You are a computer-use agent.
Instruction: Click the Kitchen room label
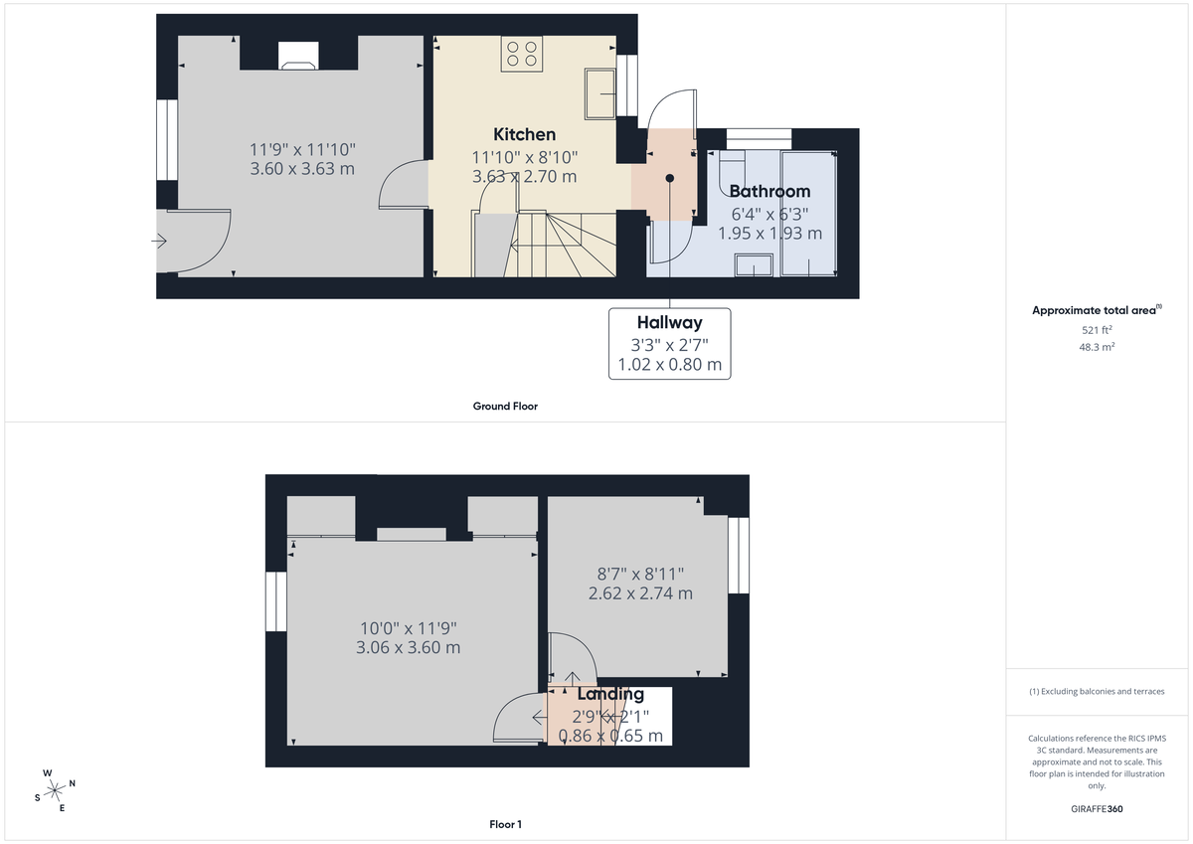coord(524,134)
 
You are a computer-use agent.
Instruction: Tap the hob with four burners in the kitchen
coord(522,54)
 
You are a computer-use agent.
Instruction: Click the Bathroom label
coord(769,191)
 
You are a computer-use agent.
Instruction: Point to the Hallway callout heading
coord(669,322)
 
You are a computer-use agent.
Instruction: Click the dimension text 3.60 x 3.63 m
coord(302,169)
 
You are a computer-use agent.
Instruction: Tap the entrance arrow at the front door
coord(160,241)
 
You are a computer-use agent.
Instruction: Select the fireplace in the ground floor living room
coord(298,57)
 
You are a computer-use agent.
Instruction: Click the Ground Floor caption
coord(505,406)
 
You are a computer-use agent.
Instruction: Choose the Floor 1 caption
coord(505,824)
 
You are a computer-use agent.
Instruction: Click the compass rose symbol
coord(55,789)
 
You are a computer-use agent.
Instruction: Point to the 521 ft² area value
coord(1097,329)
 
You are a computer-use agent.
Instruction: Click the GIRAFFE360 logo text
coord(1098,809)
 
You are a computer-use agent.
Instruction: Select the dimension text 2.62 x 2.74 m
coord(640,593)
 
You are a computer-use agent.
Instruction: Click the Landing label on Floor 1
coord(610,694)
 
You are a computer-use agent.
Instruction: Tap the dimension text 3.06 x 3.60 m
coord(408,647)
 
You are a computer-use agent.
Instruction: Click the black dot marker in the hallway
coord(670,179)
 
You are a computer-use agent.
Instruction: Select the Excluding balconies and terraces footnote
coord(1097,691)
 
